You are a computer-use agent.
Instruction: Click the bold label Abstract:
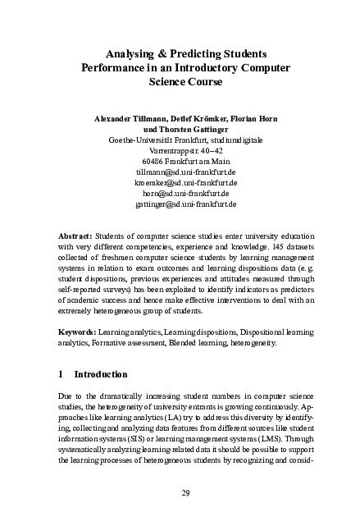(78, 234)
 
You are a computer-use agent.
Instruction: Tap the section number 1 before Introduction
(62, 374)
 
